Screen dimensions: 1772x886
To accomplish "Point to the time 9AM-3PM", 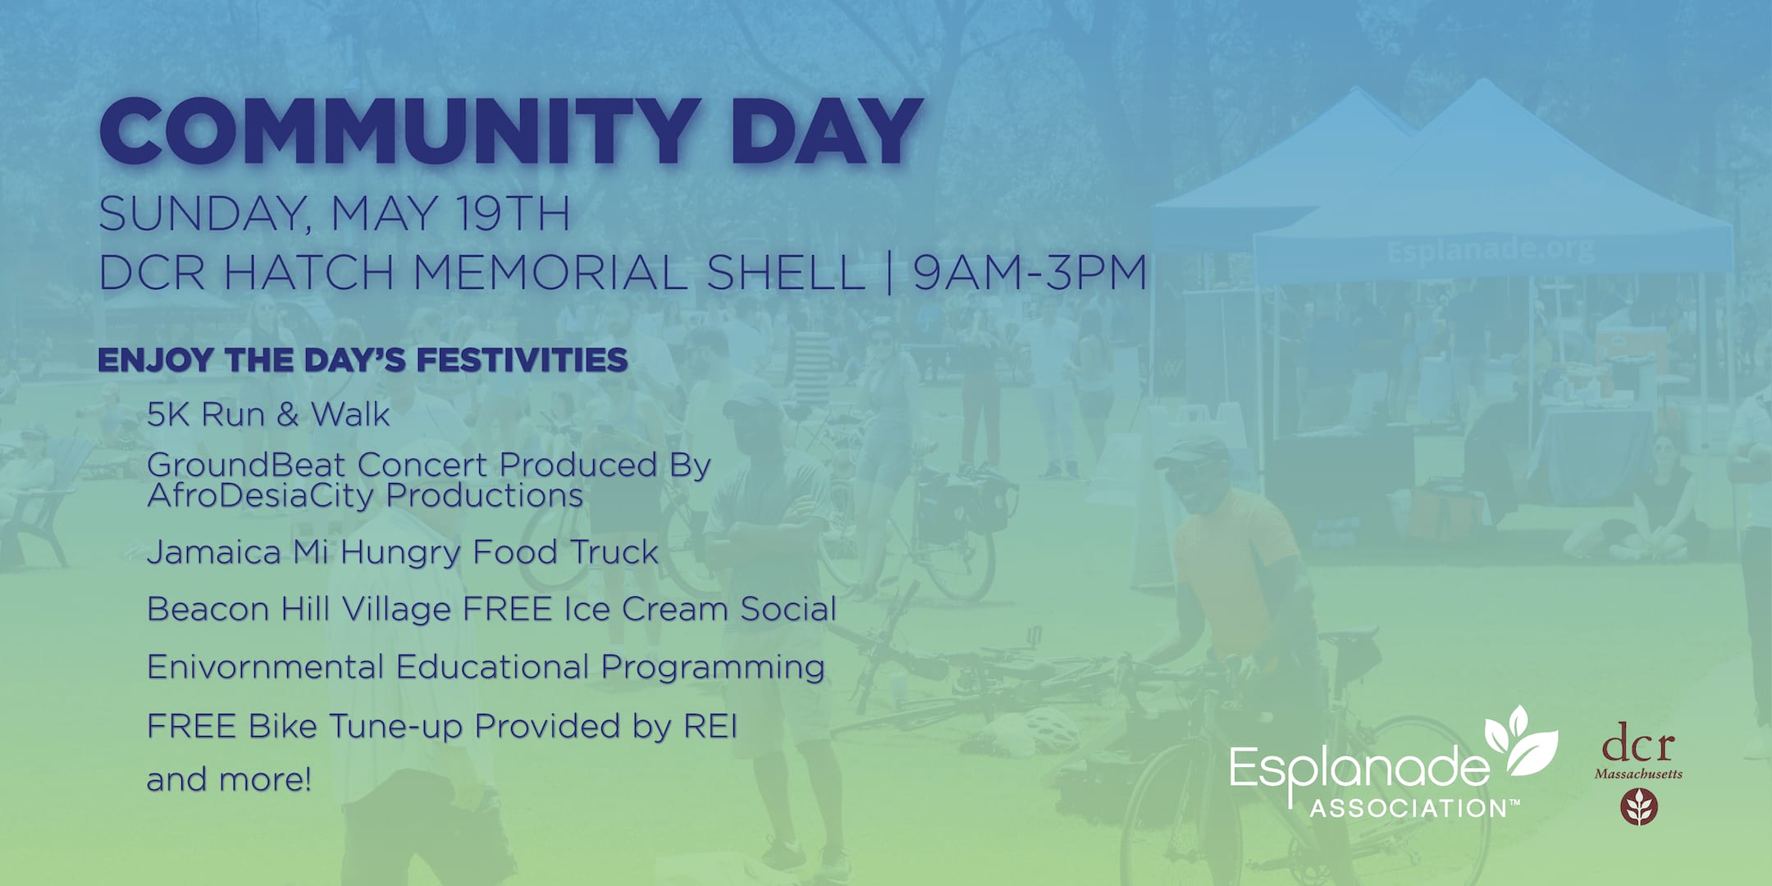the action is click(1030, 272).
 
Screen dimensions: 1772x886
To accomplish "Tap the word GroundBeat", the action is click(247, 465).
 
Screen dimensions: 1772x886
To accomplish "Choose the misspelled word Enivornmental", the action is click(265, 667).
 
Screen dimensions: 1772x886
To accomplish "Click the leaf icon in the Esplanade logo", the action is click(1521, 742).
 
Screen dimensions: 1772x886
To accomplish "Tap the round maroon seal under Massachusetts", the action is click(1639, 806).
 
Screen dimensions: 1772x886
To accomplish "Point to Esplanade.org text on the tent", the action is click(1491, 249).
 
